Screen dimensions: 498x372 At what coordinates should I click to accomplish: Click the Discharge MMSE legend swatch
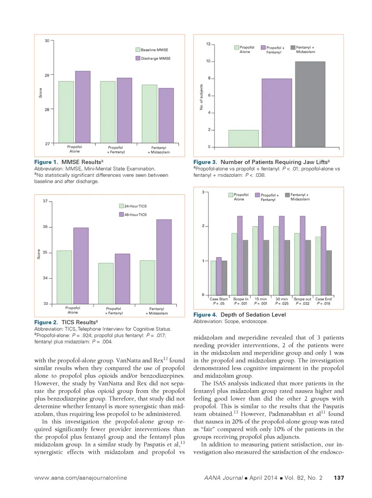pyautogui.click(x=138, y=58)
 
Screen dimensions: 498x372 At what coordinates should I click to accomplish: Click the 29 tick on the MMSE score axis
pyautogui.click(x=47, y=75)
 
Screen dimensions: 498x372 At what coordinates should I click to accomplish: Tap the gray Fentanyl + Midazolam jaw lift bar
pyautogui.click(x=310, y=104)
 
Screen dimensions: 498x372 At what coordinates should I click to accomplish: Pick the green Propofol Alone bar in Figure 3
pyautogui.click(x=243, y=138)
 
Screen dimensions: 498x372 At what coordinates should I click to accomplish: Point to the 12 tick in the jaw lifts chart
pyautogui.click(x=208, y=44)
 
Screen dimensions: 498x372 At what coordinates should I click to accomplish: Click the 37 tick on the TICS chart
pyautogui.click(x=45, y=201)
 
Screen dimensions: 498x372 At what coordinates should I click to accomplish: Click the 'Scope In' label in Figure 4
pyautogui.click(x=241, y=299)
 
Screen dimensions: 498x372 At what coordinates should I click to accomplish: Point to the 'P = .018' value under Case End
pyautogui.click(x=324, y=303)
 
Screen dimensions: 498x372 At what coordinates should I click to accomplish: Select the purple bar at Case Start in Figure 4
pyautogui.click(x=219, y=276)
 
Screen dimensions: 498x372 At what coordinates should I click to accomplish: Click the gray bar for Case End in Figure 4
pyautogui.click(x=329, y=273)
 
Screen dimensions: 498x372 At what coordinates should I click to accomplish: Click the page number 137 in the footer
pyautogui.click(x=339, y=477)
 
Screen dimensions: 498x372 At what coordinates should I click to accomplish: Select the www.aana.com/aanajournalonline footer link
pyautogui.click(x=81, y=477)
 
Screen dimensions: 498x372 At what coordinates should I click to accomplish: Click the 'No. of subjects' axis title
pyautogui.click(x=201, y=97)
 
